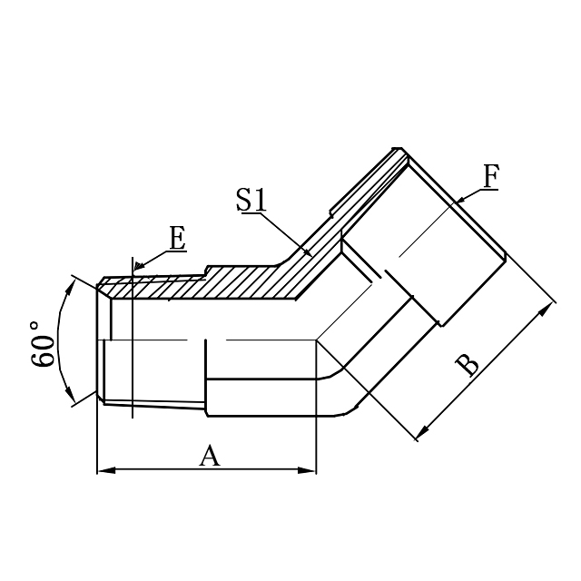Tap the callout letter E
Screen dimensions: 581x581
coord(177,240)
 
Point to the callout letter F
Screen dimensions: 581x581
coord(490,176)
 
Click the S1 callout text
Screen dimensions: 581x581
coord(251,200)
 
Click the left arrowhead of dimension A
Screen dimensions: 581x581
coord(103,470)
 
